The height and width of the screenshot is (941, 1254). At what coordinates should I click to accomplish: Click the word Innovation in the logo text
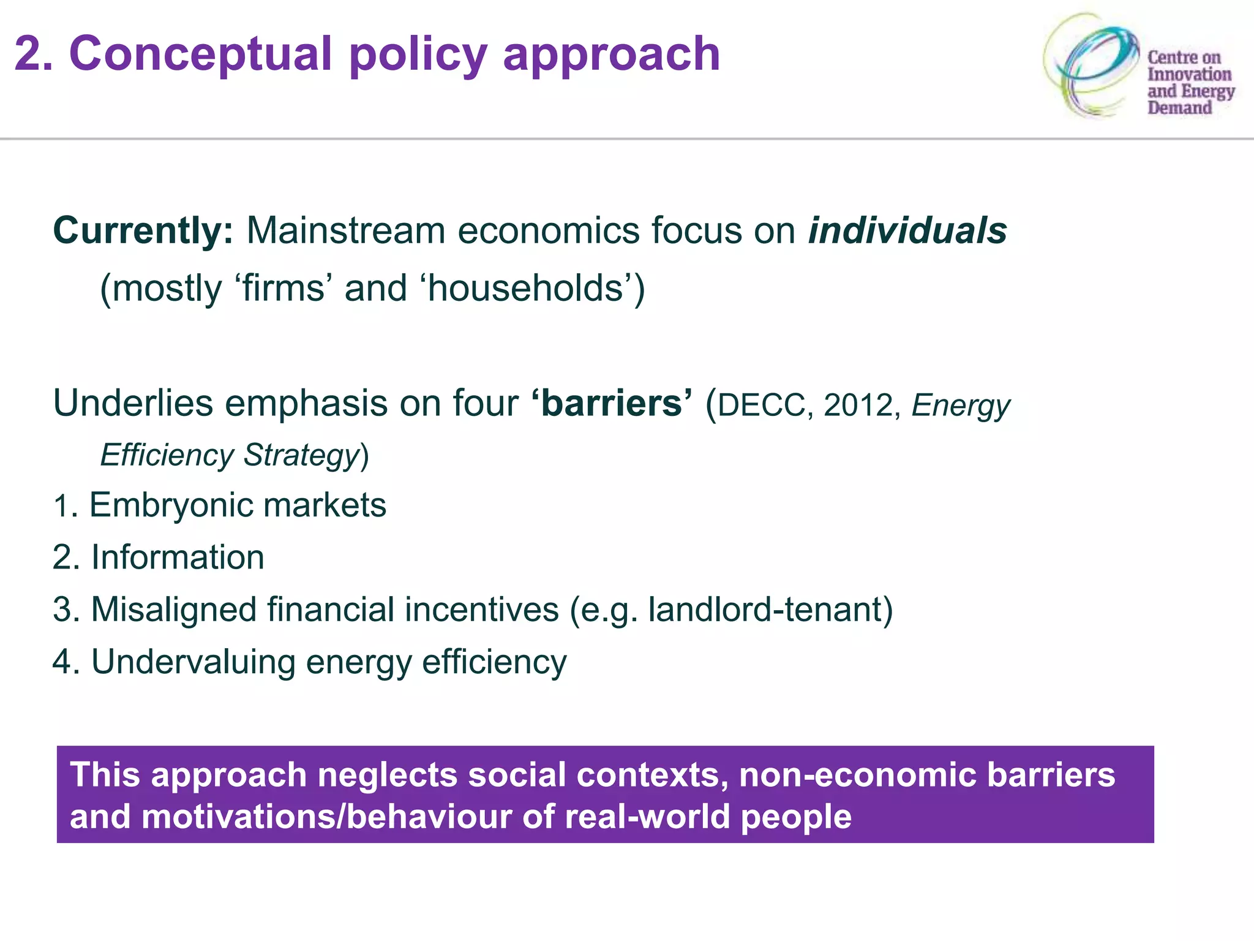pos(1188,74)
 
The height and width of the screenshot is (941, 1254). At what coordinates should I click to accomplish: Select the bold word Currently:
pos(143,231)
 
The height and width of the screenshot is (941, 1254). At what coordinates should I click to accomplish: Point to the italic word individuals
pos(907,231)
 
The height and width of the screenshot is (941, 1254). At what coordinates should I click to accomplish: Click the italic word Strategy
pos(301,456)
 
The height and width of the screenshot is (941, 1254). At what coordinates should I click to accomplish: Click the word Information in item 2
pos(178,557)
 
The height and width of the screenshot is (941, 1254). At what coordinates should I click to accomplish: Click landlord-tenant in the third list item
pos(765,610)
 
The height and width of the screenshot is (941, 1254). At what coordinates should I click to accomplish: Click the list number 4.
pos(62,662)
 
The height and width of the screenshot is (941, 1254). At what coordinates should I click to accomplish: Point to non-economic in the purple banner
pos(857,775)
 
